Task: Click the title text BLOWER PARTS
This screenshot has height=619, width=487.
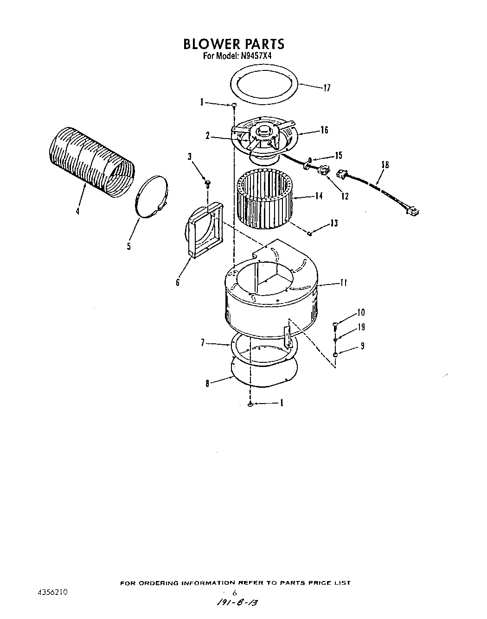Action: coord(233,44)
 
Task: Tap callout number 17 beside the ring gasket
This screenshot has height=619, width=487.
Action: coord(327,88)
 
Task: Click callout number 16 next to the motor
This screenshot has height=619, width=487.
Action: coord(324,130)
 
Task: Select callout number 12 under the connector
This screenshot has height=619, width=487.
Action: coord(345,196)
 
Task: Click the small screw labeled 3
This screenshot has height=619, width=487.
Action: coord(207,182)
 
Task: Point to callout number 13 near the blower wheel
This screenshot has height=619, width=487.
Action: coord(334,224)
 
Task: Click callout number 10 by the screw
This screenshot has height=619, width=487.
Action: coord(361,312)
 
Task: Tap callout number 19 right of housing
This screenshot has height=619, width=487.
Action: coord(361,327)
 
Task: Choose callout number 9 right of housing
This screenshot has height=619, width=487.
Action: coord(362,345)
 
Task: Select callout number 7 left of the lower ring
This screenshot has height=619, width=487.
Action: coord(203,343)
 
